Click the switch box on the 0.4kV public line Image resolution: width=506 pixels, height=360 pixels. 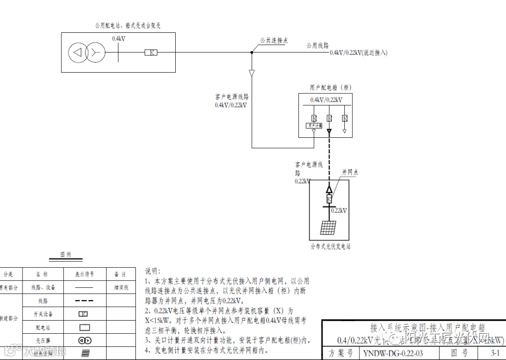point(151,52)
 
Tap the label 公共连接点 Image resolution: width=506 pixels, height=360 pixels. point(274,41)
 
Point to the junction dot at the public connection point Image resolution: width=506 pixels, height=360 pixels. point(252,52)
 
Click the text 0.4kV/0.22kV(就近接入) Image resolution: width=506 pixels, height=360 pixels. point(358,52)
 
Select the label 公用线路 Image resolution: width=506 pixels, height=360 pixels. point(318,46)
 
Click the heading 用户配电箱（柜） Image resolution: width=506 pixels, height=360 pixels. point(330,88)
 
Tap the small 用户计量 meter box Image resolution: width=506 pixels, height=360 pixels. point(314,126)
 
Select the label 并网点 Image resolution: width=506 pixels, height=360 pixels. point(350,172)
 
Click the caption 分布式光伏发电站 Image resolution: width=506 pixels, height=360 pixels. point(330,246)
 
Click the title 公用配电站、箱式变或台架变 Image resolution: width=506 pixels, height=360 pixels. point(128,25)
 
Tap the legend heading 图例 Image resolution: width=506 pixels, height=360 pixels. point(66,255)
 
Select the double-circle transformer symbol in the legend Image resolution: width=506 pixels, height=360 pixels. point(85,340)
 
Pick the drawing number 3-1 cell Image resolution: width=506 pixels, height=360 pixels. point(495,353)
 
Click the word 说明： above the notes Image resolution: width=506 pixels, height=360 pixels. point(152,271)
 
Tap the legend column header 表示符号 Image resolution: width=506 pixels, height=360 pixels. point(84,274)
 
